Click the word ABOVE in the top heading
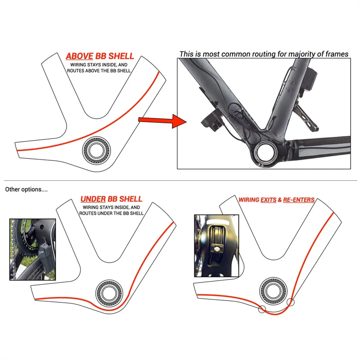78,56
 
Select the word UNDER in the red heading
94,199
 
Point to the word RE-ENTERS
299,199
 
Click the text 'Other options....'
26,189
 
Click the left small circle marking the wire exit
261,310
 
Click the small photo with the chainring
33,249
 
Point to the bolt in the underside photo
216,247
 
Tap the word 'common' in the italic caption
234,54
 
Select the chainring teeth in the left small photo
18,247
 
